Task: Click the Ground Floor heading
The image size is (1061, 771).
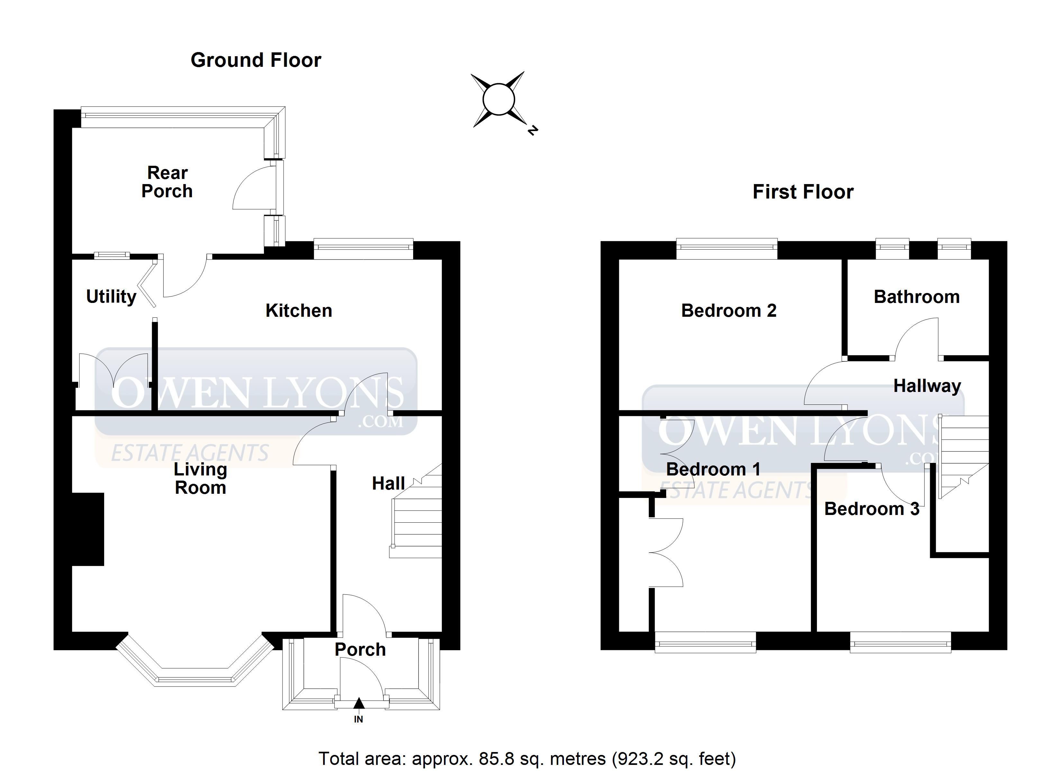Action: pos(256,60)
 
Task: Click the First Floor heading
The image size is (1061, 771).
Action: pos(803,192)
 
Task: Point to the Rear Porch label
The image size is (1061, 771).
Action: pos(167,182)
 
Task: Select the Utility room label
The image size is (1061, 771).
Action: pos(111,297)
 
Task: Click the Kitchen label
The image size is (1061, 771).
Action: pos(299,310)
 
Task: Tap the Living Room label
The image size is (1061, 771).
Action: pos(200,478)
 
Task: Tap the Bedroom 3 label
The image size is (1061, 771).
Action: pos(872,509)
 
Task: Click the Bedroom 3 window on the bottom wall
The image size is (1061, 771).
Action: pos(901,642)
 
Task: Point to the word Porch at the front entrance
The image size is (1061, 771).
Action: pos(360,650)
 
